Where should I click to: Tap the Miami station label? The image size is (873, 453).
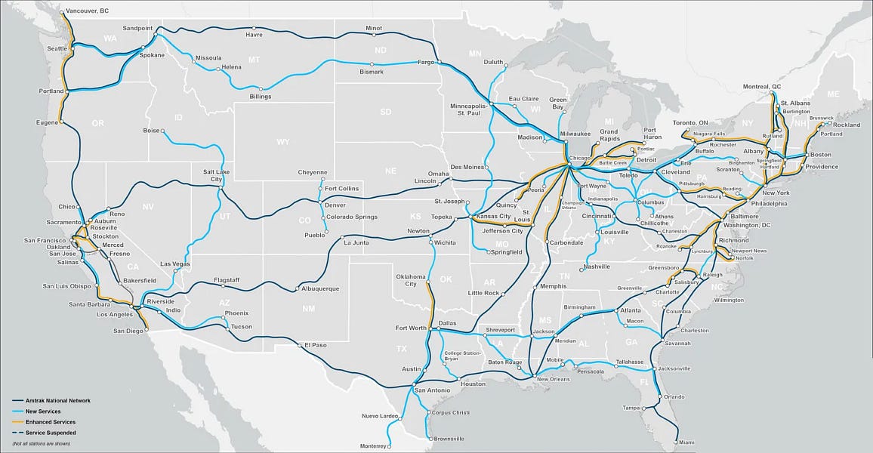point(686,442)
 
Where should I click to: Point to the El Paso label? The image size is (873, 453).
point(316,345)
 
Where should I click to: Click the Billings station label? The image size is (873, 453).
point(260,97)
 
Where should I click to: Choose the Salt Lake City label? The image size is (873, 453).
point(213,175)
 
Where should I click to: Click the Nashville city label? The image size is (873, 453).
point(597,267)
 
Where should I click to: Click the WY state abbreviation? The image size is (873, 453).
point(283,141)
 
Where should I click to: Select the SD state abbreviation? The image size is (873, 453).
point(386,112)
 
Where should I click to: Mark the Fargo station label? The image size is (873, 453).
point(426,63)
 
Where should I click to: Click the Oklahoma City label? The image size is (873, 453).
point(411,280)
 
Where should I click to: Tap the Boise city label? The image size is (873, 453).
point(151,131)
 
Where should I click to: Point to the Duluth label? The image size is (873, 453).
point(493,62)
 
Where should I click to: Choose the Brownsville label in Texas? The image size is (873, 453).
point(448,439)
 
